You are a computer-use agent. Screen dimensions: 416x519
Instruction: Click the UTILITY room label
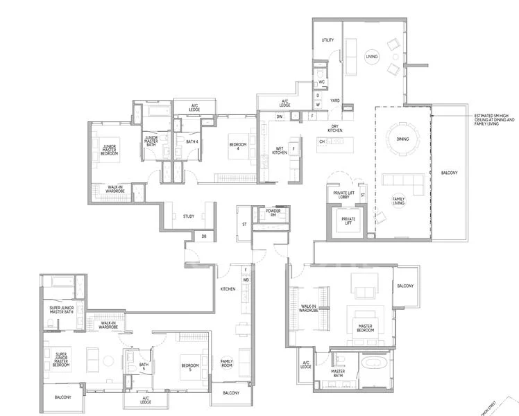click(327, 40)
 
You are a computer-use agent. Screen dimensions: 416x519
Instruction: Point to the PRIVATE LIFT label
click(344, 222)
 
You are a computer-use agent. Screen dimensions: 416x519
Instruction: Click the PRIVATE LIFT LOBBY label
click(343, 196)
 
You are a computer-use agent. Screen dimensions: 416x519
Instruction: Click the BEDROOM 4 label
click(238, 146)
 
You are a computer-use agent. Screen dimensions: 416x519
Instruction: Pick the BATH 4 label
click(192, 142)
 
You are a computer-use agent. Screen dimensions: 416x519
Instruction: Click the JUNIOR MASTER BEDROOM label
click(110, 148)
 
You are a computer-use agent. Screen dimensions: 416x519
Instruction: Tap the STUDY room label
click(189, 216)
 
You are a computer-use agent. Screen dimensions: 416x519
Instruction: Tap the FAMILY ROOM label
click(228, 364)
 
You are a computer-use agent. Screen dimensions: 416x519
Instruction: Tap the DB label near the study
click(203, 236)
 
